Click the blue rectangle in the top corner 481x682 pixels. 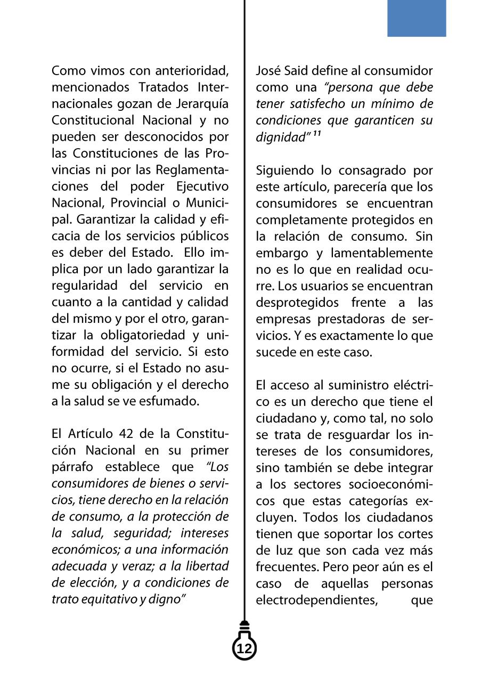(x=416, y=18)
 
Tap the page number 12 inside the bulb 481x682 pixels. (x=244, y=649)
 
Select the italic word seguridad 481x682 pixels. (x=143, y=533)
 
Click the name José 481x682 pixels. (x=268, y=70)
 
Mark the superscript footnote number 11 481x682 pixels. (x=316, y=134)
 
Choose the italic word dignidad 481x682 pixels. (x=280, y=137)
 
